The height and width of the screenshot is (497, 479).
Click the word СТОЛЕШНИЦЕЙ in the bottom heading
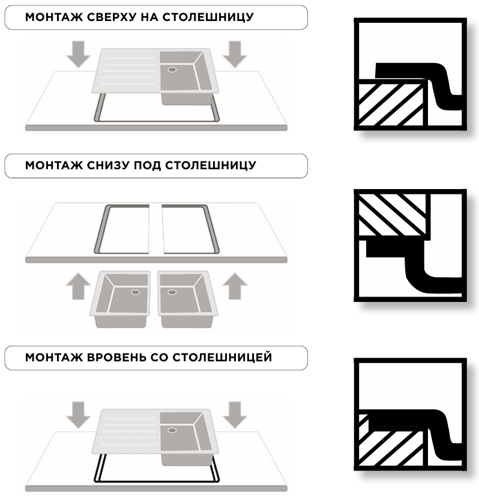tap(222, 357)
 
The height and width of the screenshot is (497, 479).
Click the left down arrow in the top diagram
tap(78, 54)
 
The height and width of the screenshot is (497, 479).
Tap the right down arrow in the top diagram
tap(235, 54)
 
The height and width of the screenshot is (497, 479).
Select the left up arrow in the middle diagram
tap(78, 286)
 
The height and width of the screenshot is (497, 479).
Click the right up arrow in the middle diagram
tap(235, 286)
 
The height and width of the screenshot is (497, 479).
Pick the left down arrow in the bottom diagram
tap(78, 415)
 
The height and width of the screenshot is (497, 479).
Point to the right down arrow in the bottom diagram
tap(235, 415)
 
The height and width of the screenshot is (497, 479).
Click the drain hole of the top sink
tap(172, 70)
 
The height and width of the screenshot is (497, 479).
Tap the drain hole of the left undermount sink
tap(136, 292)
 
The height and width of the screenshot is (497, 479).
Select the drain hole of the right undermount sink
tap(172, 292)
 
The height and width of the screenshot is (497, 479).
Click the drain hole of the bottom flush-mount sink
tap(172, 430)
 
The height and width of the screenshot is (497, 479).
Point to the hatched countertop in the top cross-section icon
tap(391, 103)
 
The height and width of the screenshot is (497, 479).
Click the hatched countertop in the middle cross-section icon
tap(393, 215)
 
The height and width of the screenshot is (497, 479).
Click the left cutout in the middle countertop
tap(122, 229)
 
